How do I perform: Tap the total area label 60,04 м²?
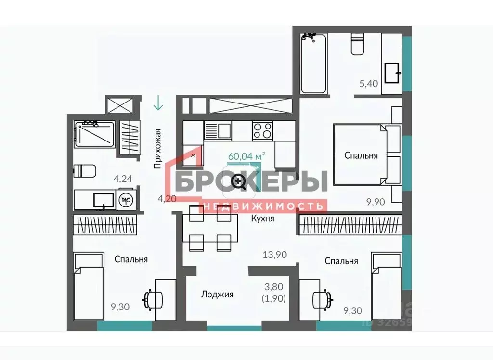pos(246,156)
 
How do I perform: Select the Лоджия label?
pos(217,294)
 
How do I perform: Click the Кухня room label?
pos(263,218)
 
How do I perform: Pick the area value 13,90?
pos(274,255)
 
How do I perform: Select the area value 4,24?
pos(123,179)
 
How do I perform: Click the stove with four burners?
pos(263,130)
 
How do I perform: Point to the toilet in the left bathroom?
pos(85,171)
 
